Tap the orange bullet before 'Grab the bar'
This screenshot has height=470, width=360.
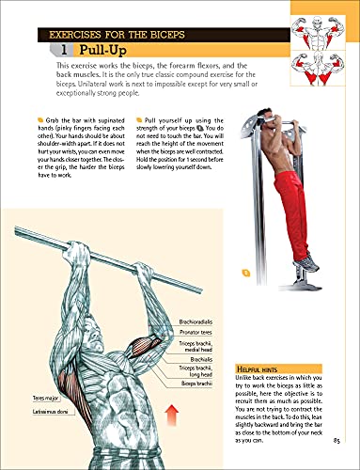tap(40, 120)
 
